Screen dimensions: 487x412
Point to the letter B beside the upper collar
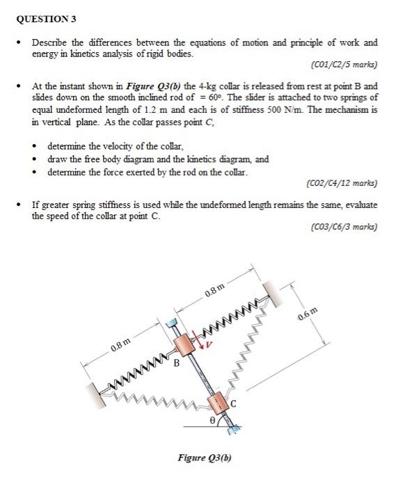point(176,362)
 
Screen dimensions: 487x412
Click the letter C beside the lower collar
point(234,402)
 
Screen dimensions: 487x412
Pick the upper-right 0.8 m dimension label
point(214,292)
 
